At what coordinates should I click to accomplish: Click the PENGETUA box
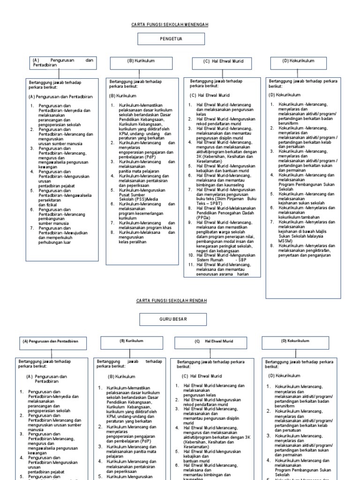171,39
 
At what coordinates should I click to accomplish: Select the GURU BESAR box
172,320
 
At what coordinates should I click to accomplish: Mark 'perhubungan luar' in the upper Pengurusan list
55,242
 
